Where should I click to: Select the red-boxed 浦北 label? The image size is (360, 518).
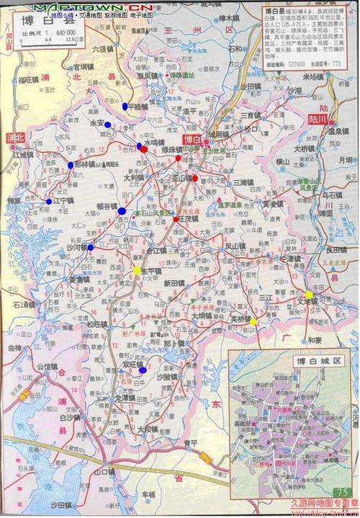click(x=15, y=136)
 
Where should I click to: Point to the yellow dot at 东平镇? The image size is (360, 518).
click(x=137, y=271)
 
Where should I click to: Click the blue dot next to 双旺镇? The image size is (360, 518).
click(x=143, y=370)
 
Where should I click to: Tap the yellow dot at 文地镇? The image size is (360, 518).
click(x=309, y=295)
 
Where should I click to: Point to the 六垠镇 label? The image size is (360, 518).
click(x=103, y=49)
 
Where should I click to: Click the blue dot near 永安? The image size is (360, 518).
click(x=107, y=125)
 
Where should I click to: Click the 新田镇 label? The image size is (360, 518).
click(x=175, y=284)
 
